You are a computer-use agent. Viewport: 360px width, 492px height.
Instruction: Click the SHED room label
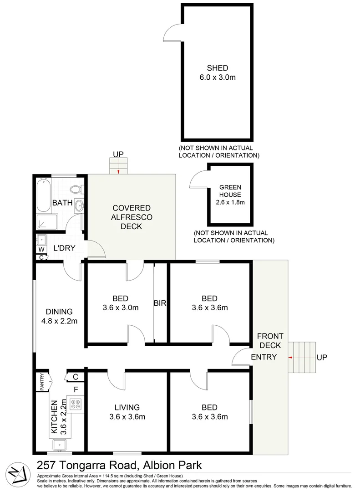[x=217, y=68]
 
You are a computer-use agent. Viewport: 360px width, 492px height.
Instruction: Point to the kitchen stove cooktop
[x=76, y=404]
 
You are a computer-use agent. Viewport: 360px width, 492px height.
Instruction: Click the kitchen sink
[x=60, y=444]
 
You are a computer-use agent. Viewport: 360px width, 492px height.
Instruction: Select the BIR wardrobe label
[x=160, y=302]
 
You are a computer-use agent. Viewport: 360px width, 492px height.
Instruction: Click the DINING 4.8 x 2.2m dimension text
[x=59, y=321]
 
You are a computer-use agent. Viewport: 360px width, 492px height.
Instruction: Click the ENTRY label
[x=264, y=357]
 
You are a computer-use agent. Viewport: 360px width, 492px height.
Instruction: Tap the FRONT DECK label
[x=270, y=341]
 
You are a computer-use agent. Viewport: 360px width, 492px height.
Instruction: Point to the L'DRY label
[x=64, y=248]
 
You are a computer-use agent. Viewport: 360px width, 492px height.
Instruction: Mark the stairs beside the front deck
[x=301, y=357]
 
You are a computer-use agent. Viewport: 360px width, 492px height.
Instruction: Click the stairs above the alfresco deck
[x=118, y=166]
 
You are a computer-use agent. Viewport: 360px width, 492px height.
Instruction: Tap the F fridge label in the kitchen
[x=76, y=389]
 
